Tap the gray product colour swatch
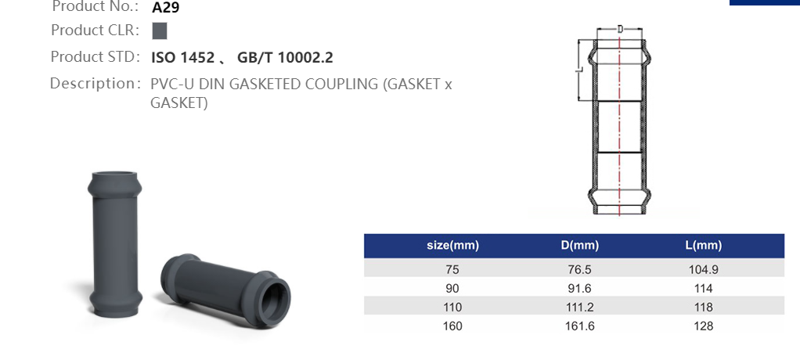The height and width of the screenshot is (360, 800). click(159, 31)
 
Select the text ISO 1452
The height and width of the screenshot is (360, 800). click(182, 57)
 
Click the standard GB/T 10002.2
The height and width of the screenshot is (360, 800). click(285, 57)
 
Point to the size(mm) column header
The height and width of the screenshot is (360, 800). click(452, 246)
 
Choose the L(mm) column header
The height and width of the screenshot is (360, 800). click(703, 246)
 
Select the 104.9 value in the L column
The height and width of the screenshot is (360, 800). click(703, 268)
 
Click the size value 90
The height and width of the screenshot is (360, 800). click(452, 288)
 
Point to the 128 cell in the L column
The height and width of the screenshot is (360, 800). click(703, 326)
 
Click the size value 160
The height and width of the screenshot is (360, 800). click(452, 326)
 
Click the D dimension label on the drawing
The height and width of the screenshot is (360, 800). click(620, 29)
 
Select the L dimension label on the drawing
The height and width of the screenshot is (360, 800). click(578, 70)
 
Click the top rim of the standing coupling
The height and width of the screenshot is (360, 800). click(114, 176)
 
